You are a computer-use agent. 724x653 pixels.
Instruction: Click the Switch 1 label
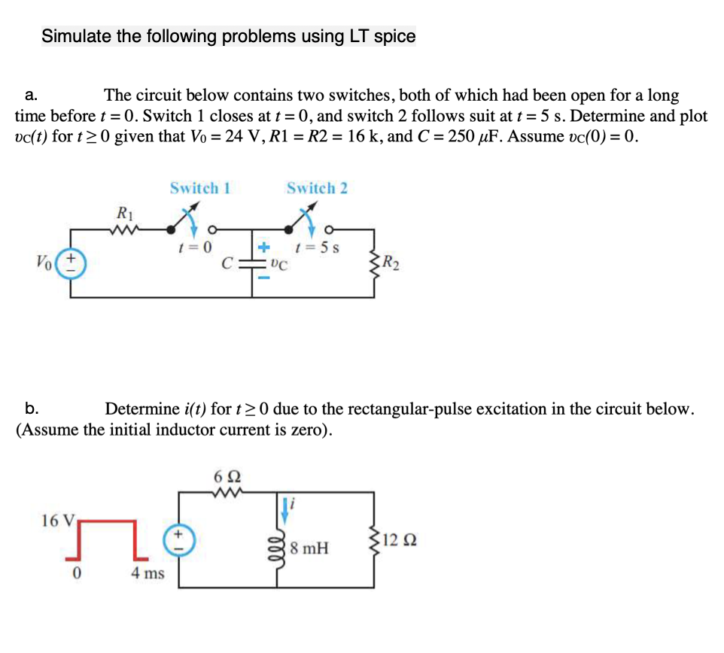click(199, 187)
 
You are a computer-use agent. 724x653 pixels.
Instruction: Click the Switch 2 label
click(317, 187)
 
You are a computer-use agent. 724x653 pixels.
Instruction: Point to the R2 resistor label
click(391, 263)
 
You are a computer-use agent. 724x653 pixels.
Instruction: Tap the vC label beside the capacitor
click(278, 264)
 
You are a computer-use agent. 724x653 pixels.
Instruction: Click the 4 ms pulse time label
click(148, 574)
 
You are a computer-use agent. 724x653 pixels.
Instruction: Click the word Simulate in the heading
click(77, 36)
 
